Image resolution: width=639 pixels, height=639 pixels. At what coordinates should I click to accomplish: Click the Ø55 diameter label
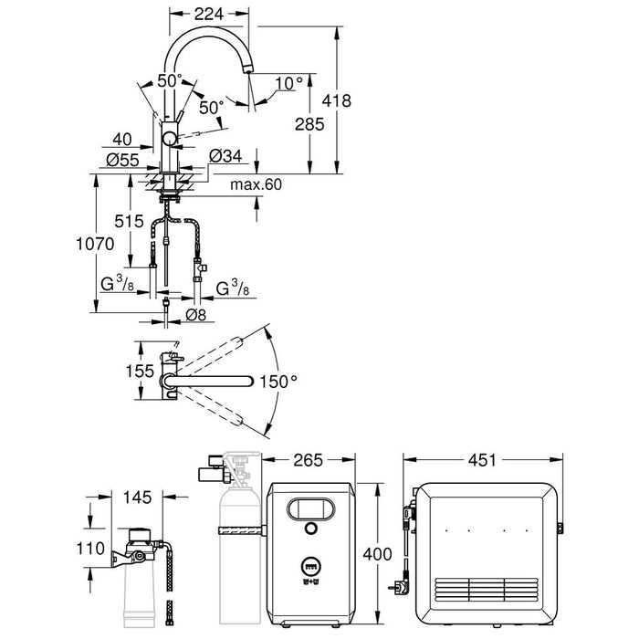coord(122,158)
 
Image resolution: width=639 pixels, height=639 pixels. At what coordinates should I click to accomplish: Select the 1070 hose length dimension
coord(95,245)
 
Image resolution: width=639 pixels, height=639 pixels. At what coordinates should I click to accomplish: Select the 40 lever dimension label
coord(122,140)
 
